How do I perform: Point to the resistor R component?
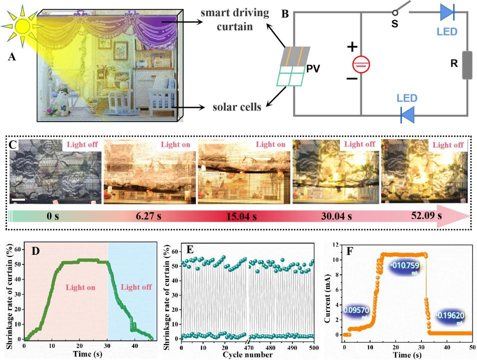coord(467,65)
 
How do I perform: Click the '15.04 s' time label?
coord(241,216)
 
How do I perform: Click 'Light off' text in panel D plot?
coord(135,287)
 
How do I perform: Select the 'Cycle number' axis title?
coord(248,355)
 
